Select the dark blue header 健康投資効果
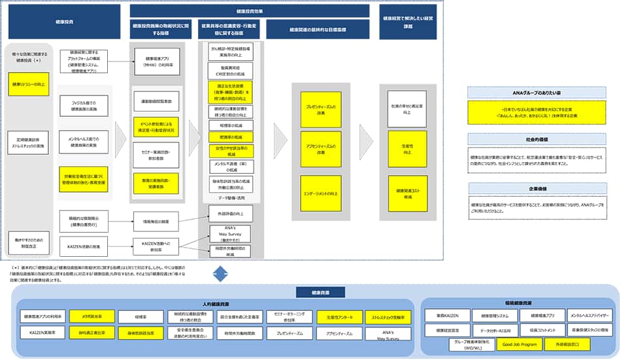250,11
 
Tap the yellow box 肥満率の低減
226,137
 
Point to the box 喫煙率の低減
226,124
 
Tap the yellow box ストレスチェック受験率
388,317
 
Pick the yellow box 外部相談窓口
567,343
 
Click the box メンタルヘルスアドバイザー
590,317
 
